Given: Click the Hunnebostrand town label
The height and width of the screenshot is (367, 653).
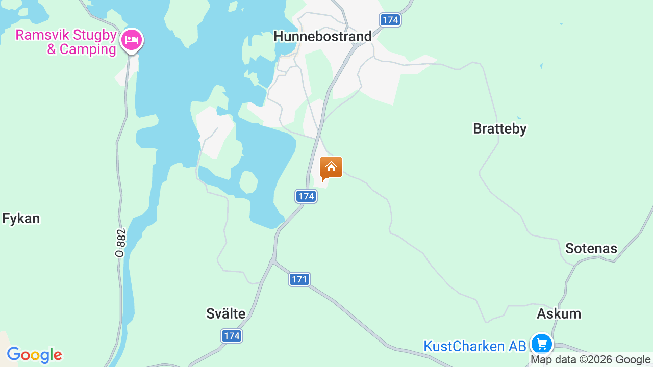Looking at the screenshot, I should [322, 37].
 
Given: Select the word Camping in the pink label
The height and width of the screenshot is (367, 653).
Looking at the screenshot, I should [88, 49].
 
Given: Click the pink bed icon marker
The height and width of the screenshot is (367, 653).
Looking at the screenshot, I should [132, 40].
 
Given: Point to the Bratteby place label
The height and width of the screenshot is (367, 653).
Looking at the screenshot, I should [499, 129].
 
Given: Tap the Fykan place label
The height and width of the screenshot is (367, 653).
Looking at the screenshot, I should [21, 219].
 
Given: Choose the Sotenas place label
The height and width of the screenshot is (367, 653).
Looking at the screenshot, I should [591, 249].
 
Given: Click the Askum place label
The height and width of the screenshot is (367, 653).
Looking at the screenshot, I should [559, 314].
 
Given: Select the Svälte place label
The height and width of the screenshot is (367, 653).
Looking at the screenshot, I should [225, 314].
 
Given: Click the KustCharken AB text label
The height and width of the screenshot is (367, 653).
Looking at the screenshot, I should [474, 347].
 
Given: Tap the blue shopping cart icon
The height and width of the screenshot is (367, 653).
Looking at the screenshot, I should [541, 344].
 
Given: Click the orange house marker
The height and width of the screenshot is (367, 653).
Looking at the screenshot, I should [331, 168].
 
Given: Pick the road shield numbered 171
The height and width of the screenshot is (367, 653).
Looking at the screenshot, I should [299, 279].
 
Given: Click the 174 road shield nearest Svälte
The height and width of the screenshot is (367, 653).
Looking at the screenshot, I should [232, 336].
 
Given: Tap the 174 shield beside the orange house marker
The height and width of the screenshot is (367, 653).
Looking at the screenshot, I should [306, 196].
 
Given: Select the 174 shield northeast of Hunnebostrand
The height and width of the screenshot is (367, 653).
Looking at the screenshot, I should [390, 20].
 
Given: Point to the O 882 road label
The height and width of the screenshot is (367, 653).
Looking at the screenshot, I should [120, 243].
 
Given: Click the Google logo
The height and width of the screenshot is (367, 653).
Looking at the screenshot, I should [34, 355].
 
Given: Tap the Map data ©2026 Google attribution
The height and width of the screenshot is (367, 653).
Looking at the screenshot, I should [590, 360].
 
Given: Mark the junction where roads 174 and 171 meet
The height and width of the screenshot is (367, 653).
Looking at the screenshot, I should [273, 262].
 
